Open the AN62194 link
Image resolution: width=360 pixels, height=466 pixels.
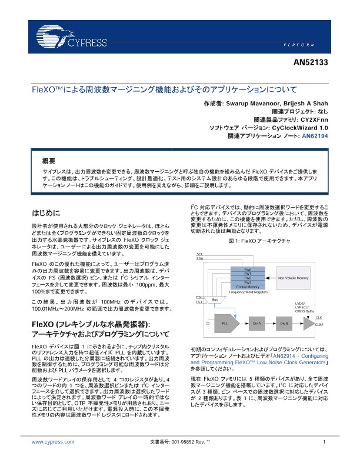pyautogui.click(x=315, y=136)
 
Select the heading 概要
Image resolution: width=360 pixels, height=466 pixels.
pyautogui.click(x=49, y=161)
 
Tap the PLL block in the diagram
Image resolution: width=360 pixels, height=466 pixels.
pyautogui.click(x=225, y=324)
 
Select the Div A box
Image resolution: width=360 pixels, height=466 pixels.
pyautogui.click(x=256, y=324)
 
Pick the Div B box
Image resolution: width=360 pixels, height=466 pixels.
pyautogui.click(x=284, y=324)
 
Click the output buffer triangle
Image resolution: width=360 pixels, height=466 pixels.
pyautogui.click(x=308, y=324)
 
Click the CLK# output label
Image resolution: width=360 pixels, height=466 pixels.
pyautogui.click(x=319, y=324)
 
